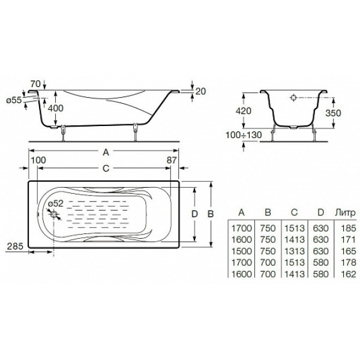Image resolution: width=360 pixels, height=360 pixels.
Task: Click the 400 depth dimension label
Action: [x=55, y=108]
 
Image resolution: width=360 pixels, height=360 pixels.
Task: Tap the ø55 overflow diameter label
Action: [x=14, y=100]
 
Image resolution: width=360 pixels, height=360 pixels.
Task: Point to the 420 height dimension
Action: [x=244, y=111]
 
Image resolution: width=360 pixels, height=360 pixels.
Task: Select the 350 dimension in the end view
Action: [x=333, y=113]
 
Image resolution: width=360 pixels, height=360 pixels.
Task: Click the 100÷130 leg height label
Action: [x=244, y=135]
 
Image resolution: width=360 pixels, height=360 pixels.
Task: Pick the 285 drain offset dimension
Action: [x=15, y=247]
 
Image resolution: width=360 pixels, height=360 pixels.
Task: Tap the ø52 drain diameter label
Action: [x=56, y=203]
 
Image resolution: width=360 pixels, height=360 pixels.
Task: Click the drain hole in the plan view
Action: [x=54, y=214]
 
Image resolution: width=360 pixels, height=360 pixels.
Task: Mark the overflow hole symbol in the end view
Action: [x=293, y=98]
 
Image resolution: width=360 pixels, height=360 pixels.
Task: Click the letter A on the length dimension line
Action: [x=106, y=152]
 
